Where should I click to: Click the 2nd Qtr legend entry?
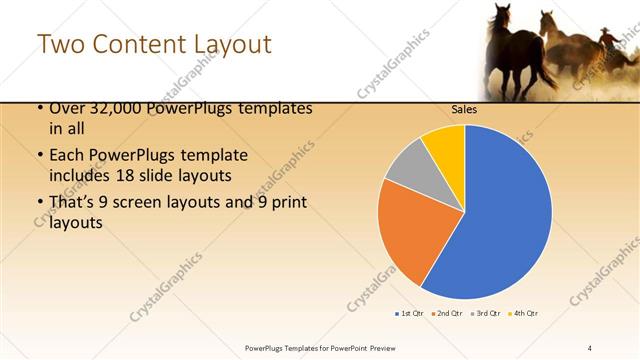(445, 314)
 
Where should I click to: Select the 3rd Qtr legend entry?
(484, 314)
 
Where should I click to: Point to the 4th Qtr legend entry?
(522, 314)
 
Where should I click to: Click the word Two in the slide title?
(60, 45)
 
